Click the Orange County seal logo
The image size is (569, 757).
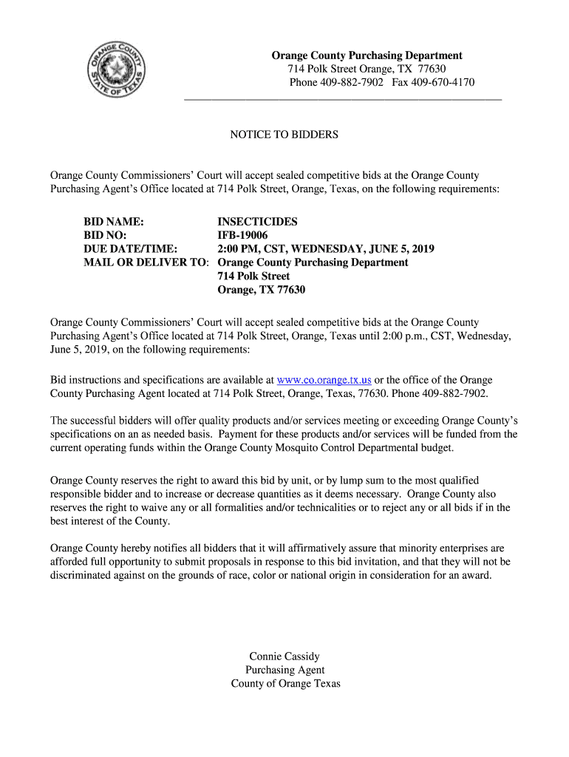pyautogui.click(x=117, y=72)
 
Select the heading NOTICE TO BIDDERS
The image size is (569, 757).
pyautogui.click(x=284, y=135)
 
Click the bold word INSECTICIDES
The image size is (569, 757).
pyautogui.click(x=257, y=222)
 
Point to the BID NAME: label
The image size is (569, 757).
pyautogui.click(x=113, y=222)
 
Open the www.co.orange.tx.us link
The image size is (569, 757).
pyautogui.click(x=324, y=380)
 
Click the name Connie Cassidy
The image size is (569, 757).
pyautogui.click(x=284, y=656)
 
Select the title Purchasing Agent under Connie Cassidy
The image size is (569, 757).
pyautogui.click(x=284, y=670)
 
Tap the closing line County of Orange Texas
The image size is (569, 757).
pyautogui.click(x=285, y=683)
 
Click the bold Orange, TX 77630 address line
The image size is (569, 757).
pyautogui.click(x=261, y=290)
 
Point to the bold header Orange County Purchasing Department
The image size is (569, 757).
pyautogui.click(x=367, y=55)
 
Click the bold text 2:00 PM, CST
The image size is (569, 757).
pyautogui.click(x=253, y=249)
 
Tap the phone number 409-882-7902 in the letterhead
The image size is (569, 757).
pyautogui.click(x=351, y=82)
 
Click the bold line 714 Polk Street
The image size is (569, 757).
pyautogui.click(x=253, y=276)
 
